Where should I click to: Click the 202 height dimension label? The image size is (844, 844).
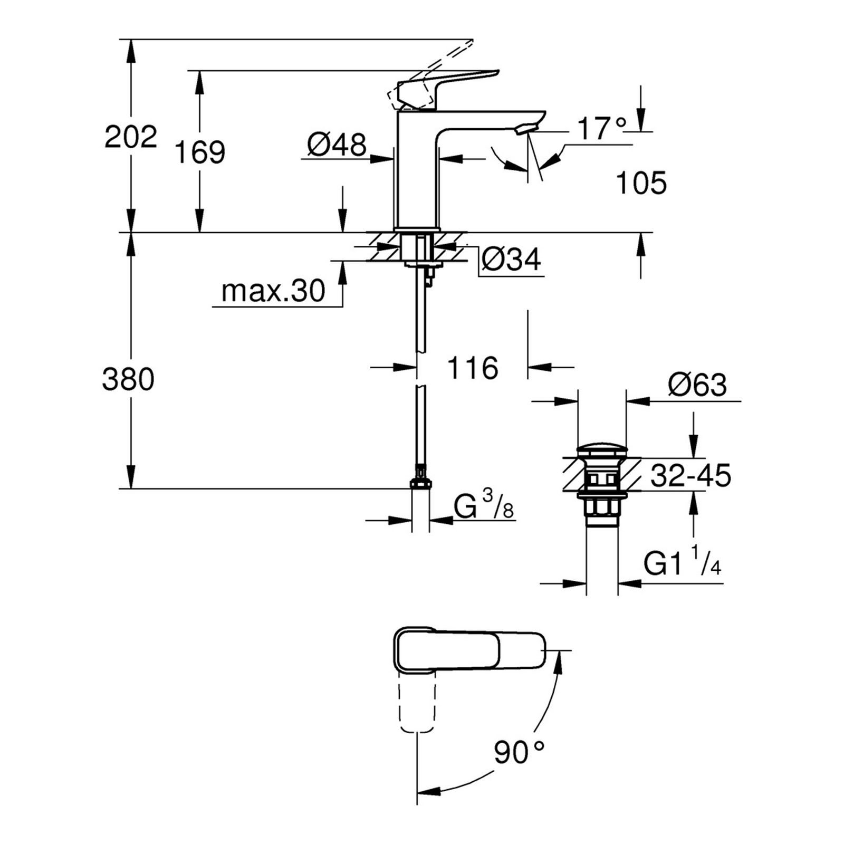point(131,137)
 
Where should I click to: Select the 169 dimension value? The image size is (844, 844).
point(200,152)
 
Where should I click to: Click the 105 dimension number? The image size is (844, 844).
point(641,183)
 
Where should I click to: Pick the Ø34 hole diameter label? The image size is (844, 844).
point(511,260)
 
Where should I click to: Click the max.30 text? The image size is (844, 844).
point(273,291)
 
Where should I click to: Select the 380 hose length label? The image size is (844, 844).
point(128,379)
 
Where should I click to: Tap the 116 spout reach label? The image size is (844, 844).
point(473,368)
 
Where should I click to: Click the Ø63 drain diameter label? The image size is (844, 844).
point(697,385)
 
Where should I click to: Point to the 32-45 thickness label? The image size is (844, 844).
point(690,476)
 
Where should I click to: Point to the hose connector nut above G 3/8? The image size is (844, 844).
point(420,483)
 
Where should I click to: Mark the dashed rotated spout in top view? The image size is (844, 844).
point(418,702)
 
